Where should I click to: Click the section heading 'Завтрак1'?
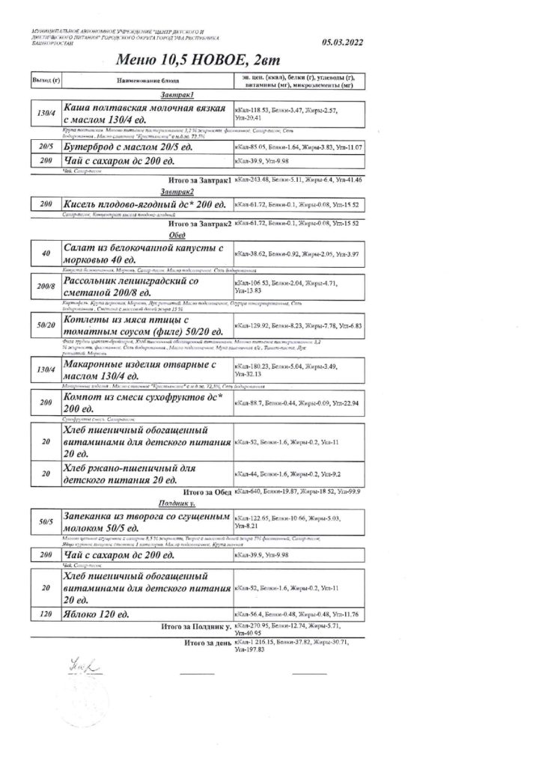tap(177, 95)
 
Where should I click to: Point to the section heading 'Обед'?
tap(177, 233)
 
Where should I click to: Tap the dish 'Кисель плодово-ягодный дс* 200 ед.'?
tap(146, 203)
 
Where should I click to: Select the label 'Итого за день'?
tap(207, 643)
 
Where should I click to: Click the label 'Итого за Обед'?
tap(207, 492)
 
